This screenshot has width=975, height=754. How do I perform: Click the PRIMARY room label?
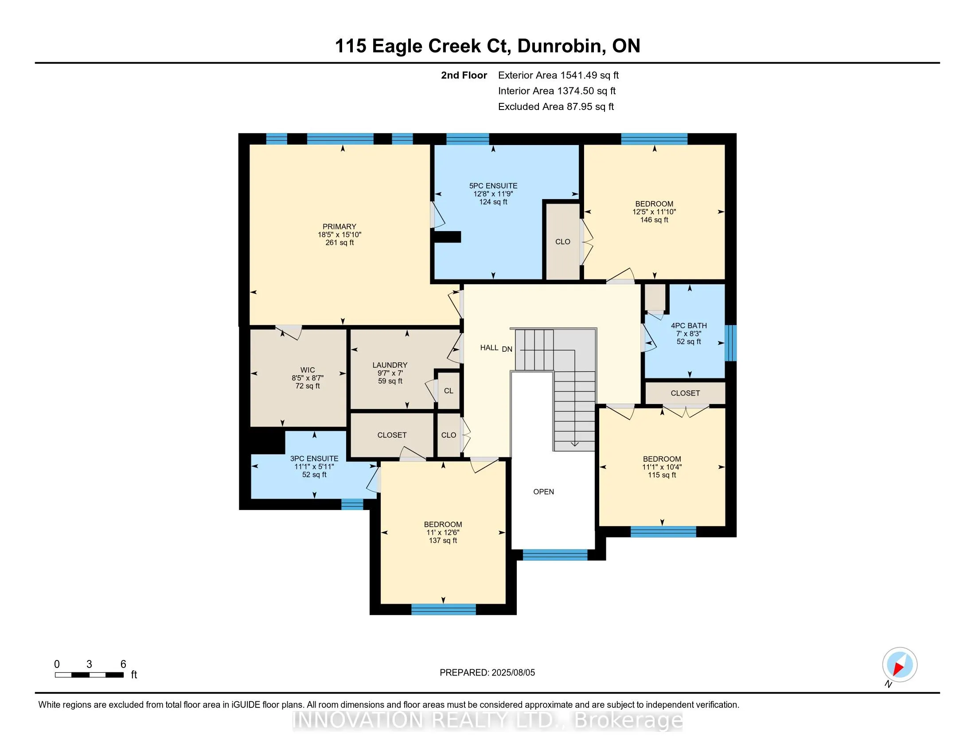[339, 227]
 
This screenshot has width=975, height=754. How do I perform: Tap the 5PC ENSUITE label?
[493, 186]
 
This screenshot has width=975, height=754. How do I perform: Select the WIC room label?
[308, 370]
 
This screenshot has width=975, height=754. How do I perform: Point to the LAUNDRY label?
[390, 365]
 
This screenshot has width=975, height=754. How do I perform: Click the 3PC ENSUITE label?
[314, 458]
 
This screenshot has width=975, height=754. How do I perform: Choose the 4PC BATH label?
[689, 326]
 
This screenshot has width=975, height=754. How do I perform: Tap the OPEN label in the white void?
[543, 492]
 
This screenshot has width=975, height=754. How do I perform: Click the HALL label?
[489, 348]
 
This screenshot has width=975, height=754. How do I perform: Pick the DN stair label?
[507, 350]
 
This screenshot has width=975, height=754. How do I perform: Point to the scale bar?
[89, 675]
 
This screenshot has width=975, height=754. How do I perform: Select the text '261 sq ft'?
[339, 243]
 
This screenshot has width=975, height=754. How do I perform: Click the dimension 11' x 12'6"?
[443, 532]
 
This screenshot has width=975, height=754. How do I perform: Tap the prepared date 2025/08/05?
[513, 672]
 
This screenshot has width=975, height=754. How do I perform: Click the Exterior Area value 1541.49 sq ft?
[589, 75]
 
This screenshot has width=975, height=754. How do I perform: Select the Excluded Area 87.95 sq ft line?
[556, 106]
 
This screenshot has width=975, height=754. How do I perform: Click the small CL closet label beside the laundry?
[448, 391]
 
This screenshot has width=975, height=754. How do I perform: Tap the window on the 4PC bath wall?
[730, 342]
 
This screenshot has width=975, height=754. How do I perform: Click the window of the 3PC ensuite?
[352, 504]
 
